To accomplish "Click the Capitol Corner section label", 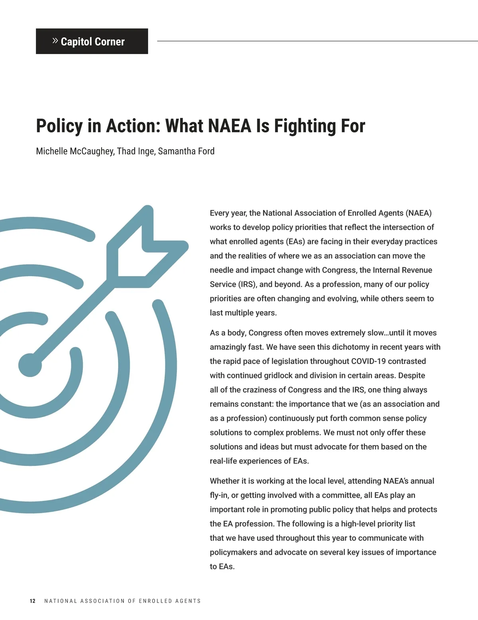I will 92,41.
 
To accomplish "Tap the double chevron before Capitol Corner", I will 55,41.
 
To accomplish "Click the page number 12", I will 33,601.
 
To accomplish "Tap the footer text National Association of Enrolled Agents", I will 122,601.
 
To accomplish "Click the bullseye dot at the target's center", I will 30,365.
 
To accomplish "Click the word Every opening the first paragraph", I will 219,213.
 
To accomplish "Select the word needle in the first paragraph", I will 221,270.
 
